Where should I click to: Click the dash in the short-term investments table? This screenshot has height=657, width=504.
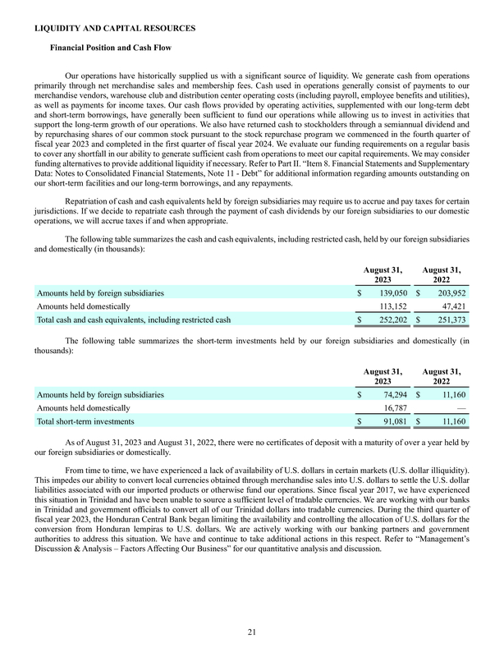[x=462, y=408]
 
